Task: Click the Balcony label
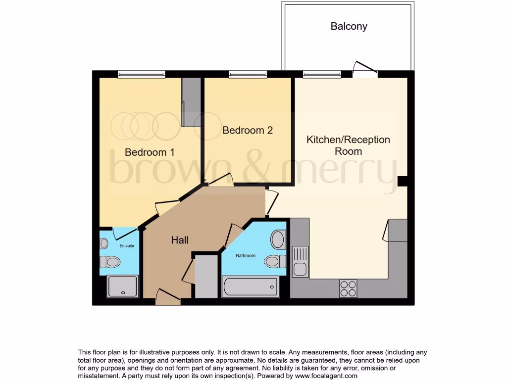point(349,26)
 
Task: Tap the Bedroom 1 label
point(149,152)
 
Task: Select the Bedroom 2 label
point(248,130)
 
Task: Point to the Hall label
point(180,240)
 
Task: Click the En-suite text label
point(126,245)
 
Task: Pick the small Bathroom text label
point(246,256)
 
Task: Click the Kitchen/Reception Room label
point(348,145)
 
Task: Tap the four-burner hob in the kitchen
point(348,288)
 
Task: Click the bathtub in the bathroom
point(250,287)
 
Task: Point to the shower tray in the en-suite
point(122,286)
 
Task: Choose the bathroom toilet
point(275,261)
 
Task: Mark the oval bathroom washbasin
point(278,239)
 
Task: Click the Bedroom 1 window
point(141,74)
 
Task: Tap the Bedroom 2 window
point(248,74)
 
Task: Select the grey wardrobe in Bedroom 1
point(191,102)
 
